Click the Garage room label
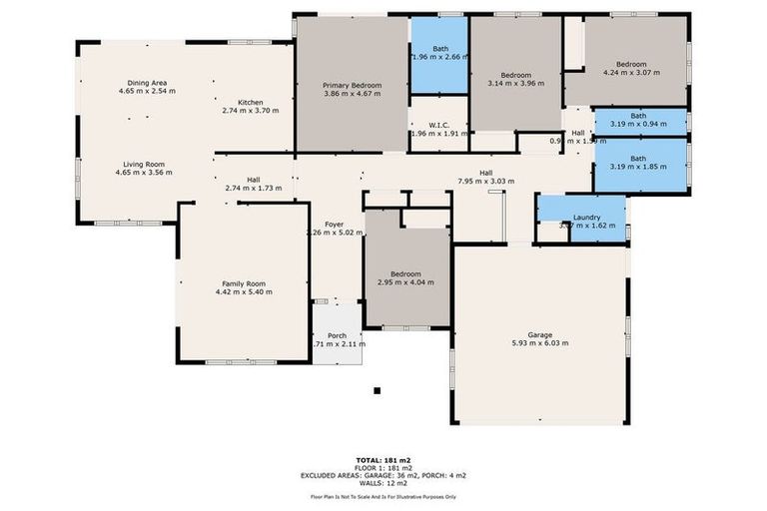[539, 334]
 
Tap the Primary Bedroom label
[353, 86]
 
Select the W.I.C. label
[438, 124]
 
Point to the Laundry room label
[585, 217]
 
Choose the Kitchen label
[250, 102]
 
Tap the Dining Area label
[146, 83]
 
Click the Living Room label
[144, 164]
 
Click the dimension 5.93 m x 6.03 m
[539, 343]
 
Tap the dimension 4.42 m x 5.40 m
[244, 291]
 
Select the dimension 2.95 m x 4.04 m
[405, 282]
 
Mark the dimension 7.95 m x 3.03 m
[485, 182]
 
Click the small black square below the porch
[377, 391]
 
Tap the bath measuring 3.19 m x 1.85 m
[637, 162]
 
